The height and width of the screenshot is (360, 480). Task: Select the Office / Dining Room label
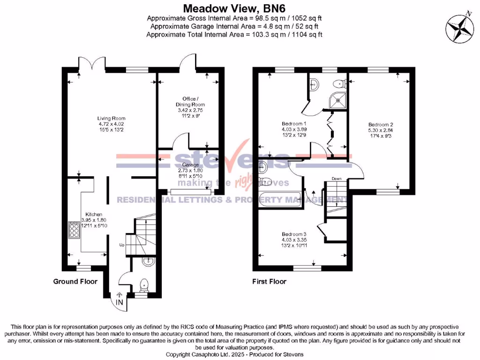(x=189, y=101)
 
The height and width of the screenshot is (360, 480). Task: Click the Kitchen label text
(x=94, y=214)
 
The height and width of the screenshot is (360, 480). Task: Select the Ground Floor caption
(x=75, y=281)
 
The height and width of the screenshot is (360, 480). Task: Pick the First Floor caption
(x=270, y=281)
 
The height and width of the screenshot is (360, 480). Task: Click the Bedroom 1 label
(x=285, y=123)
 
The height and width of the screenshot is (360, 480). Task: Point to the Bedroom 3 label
(x=294, y=234)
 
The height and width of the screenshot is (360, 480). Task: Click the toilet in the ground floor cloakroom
(x=145, y=285)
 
